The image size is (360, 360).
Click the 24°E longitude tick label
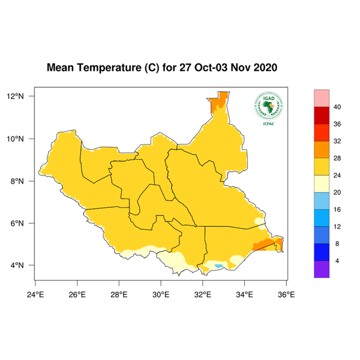[35, 294]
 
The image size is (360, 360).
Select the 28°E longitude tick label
[119, 294]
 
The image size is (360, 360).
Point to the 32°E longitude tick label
[202, 294]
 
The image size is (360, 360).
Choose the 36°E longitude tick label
[286, 294]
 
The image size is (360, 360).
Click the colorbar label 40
[337, 107]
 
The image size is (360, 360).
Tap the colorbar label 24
[337, 175]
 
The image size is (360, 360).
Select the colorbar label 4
[337, 261]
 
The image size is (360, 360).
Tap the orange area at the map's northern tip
[220, 102]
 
